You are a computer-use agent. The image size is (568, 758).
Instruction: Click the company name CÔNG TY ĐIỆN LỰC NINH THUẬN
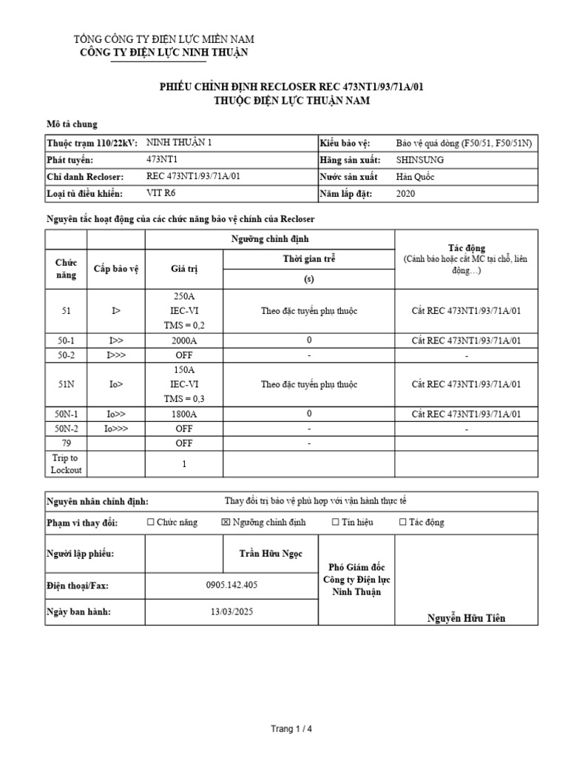[x=164, y=53]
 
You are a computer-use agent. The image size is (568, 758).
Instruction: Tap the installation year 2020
[x=406, y=194]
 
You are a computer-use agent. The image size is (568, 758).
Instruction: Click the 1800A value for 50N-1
[x=183, y=414]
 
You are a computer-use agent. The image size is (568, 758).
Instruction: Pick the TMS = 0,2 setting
[x=183, y=325]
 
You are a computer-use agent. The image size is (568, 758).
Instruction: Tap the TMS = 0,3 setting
[x=183, y=399]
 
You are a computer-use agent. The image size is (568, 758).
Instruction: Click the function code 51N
[x=67, y=384]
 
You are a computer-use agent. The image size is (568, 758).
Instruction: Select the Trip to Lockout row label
[x=67, y=464]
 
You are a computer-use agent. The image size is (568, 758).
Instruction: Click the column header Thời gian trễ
[x=308, y=260]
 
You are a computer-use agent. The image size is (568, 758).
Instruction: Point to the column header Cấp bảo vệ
[x=115, y=270]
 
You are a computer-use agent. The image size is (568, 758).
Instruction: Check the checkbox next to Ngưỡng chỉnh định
[x=226, y=523]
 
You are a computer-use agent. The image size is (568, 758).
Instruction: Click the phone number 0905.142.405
[x=232, y=586]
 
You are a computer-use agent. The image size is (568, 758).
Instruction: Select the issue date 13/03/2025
[x=232, y=613]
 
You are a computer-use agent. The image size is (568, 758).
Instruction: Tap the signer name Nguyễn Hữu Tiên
[x=467, y=618]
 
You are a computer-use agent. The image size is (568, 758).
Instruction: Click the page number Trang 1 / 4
[x=291, y=729]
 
